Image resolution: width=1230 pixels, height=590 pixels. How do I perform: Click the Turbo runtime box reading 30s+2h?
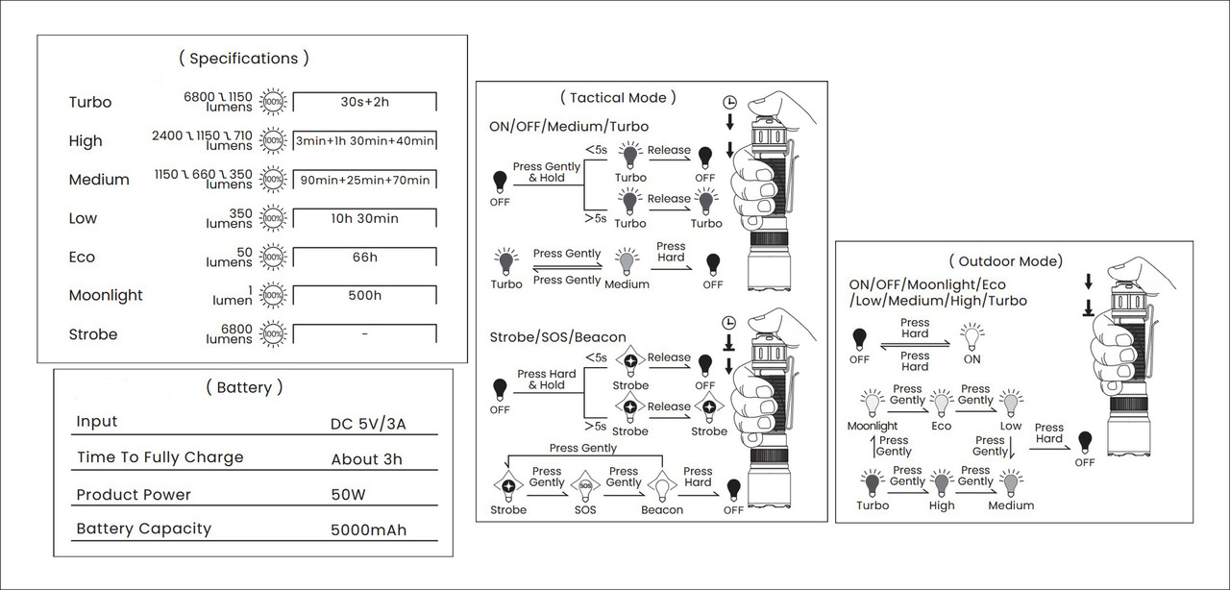click(x=364, y=102)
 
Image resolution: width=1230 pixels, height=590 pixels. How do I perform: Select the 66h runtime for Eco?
click(x=364, y=258)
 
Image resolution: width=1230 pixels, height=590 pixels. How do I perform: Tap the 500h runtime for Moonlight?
click(x=364, y=296)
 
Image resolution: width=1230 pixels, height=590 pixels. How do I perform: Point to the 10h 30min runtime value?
click(x=364, y=219)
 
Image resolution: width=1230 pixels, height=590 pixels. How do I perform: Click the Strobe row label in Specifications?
click(x=93, y=334)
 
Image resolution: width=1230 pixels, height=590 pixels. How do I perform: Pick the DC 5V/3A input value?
click(x=368, y=424)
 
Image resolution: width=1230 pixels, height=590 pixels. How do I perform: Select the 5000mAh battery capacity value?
click(x=368, y=529)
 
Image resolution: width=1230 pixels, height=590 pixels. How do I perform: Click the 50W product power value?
click(x=348, y=495)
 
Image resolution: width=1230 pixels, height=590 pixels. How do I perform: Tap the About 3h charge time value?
click(x=366, y=459)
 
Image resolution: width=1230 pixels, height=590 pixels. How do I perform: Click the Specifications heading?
click(x=244, y=59)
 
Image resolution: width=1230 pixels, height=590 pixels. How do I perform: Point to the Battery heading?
click(x=244, y=387)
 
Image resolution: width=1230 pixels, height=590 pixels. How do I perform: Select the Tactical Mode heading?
click(x=618, y=98)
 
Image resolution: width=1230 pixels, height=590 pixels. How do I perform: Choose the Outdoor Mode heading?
click(x=1006, y=261)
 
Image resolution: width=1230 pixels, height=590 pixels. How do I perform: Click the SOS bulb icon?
click(x=585, y=485)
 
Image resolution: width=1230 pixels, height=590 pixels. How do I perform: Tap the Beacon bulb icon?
click(x=662, y=485)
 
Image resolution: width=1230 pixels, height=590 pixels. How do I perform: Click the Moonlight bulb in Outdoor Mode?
click(x=872, y=404)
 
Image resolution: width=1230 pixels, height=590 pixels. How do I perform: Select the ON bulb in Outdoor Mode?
click(x=972, y=336)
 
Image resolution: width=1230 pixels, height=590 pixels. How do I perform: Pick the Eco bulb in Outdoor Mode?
click(x=941, y=404)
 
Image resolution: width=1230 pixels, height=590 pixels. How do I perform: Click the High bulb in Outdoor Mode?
click(x=941, y=483)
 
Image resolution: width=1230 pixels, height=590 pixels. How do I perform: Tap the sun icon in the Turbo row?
click(x=273, y=102)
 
